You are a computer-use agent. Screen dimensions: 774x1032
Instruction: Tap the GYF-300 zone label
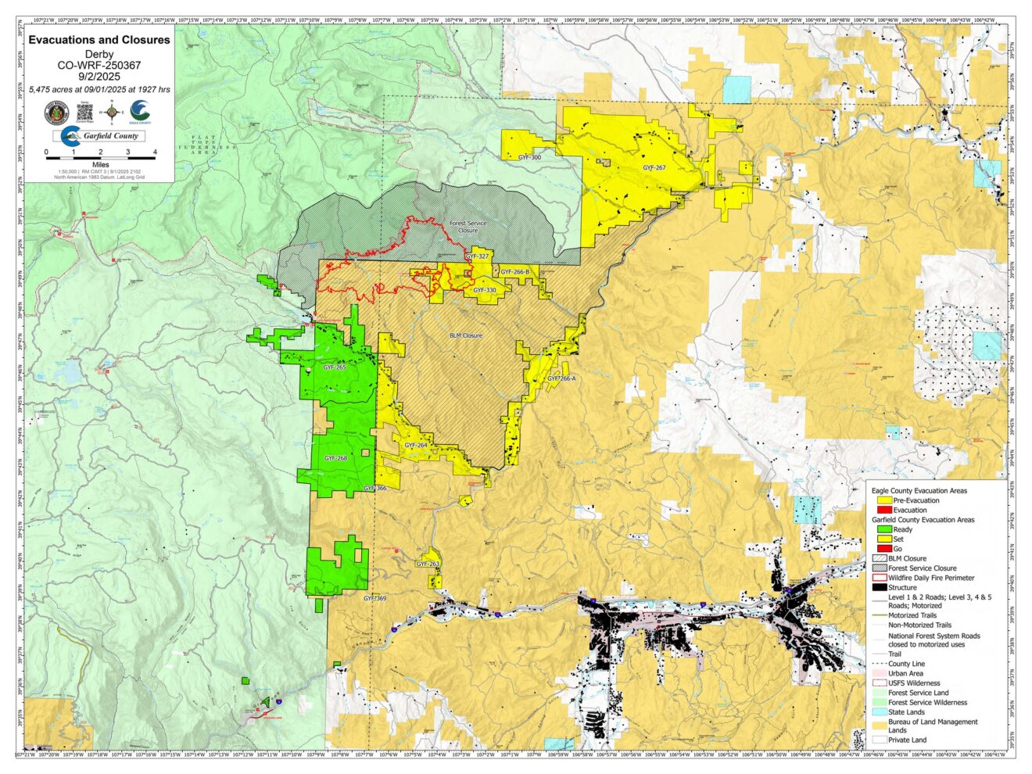tap(529, 158)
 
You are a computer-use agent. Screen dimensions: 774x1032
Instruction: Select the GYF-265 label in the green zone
tap(335, 367)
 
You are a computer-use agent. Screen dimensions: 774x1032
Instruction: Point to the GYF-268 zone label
tap(335, 458)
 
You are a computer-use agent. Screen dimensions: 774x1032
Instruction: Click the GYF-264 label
tap(416, 445)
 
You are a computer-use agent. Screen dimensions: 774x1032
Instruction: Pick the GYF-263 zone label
tap(428, 564)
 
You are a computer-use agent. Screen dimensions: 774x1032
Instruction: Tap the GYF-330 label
tap(485, 290)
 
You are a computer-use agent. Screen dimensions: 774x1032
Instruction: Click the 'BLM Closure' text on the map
tap(465, 335)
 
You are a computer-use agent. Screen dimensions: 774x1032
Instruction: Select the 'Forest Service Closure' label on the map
tap(468, 227)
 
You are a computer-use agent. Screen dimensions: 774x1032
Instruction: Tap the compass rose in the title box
tap(113, 113)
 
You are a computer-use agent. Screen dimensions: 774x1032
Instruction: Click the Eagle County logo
tap(142, 113)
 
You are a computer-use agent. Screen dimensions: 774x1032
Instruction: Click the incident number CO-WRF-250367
tap(99, 66)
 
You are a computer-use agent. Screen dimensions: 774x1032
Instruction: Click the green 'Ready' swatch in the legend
tap(880, 529)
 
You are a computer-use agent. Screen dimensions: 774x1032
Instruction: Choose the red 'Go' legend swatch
tap(880, 549)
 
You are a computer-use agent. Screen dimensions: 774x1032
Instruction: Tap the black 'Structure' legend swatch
tap(880, 587)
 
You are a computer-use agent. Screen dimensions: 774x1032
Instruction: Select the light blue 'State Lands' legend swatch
tap(880, 712)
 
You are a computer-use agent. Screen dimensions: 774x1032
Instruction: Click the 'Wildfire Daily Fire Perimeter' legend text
tap(931, 578)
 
